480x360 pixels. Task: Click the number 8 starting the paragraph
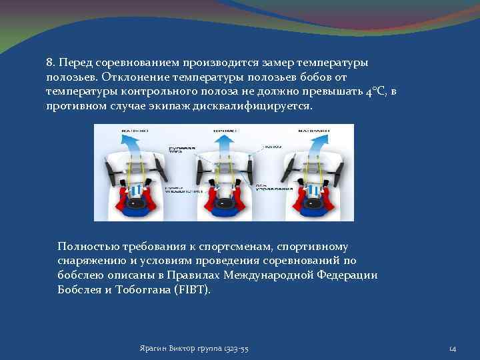tap(49, 62)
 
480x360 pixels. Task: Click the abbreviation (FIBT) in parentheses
tap(194, 290)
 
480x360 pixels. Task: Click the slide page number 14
tap(452, 349)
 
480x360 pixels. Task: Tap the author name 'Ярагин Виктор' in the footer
tap(166, 349)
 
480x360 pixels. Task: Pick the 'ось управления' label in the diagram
tap(268, 184)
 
